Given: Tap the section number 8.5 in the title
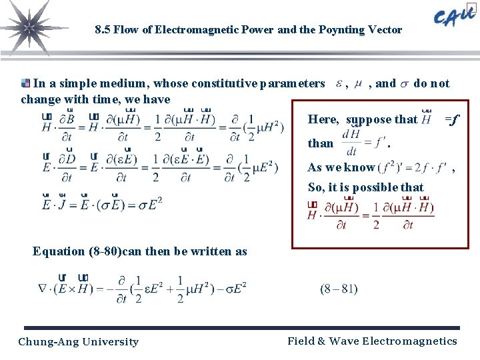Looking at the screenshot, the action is point(102,30).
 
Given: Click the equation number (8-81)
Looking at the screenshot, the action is point(339,289).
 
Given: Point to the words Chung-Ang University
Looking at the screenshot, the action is point(79,342).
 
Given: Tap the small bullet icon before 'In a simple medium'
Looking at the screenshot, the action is point(26,83).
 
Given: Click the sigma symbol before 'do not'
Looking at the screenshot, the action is point(404,84).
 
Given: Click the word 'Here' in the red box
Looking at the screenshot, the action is point(323,119).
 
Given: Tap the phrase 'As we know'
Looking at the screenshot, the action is point(341,167).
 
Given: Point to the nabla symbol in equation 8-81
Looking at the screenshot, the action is point(45,288).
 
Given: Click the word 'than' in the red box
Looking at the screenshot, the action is point(321,143).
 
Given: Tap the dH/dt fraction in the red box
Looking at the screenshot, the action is point(351,143).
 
